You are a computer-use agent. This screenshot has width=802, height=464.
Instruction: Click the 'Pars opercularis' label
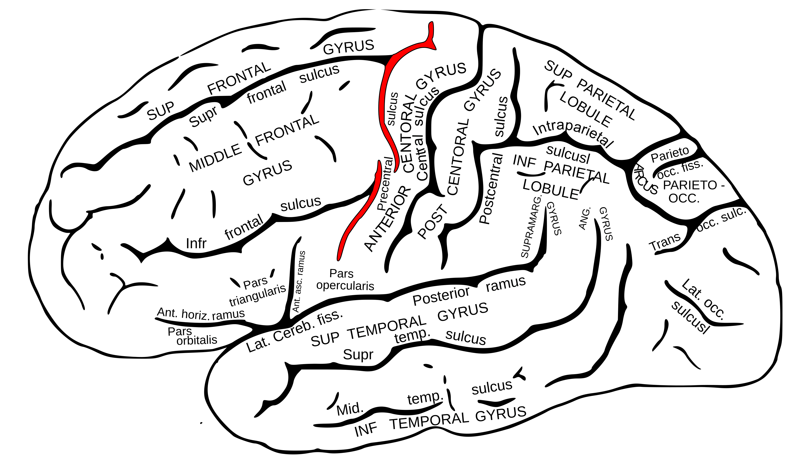(x=345, y=280)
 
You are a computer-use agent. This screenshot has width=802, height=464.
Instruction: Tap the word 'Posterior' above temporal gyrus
(x=441, y=296)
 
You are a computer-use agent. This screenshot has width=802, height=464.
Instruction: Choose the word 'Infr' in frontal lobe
(x=196, y=244)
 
